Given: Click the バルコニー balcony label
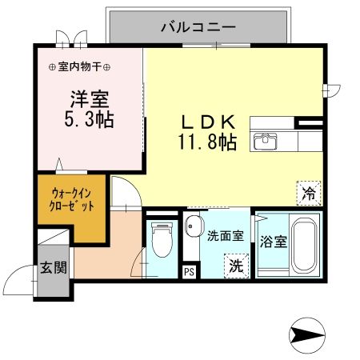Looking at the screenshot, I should (197, 26).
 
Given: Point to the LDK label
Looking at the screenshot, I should (206, 122).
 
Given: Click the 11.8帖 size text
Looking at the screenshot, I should (206, 143).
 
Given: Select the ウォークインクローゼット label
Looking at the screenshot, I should (73, 198).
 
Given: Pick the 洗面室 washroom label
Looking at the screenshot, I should (223, 236).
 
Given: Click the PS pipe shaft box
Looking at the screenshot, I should (189, 272).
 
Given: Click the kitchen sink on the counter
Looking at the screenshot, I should (264, 142).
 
